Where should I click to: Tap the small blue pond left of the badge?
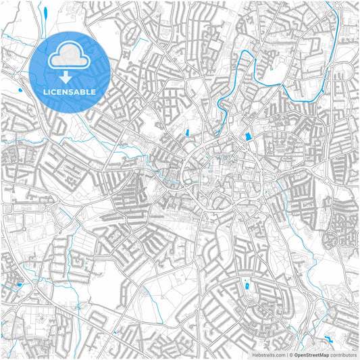[20, 91]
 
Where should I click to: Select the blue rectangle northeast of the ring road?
[247, 137]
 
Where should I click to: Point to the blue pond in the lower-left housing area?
[19, 285]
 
